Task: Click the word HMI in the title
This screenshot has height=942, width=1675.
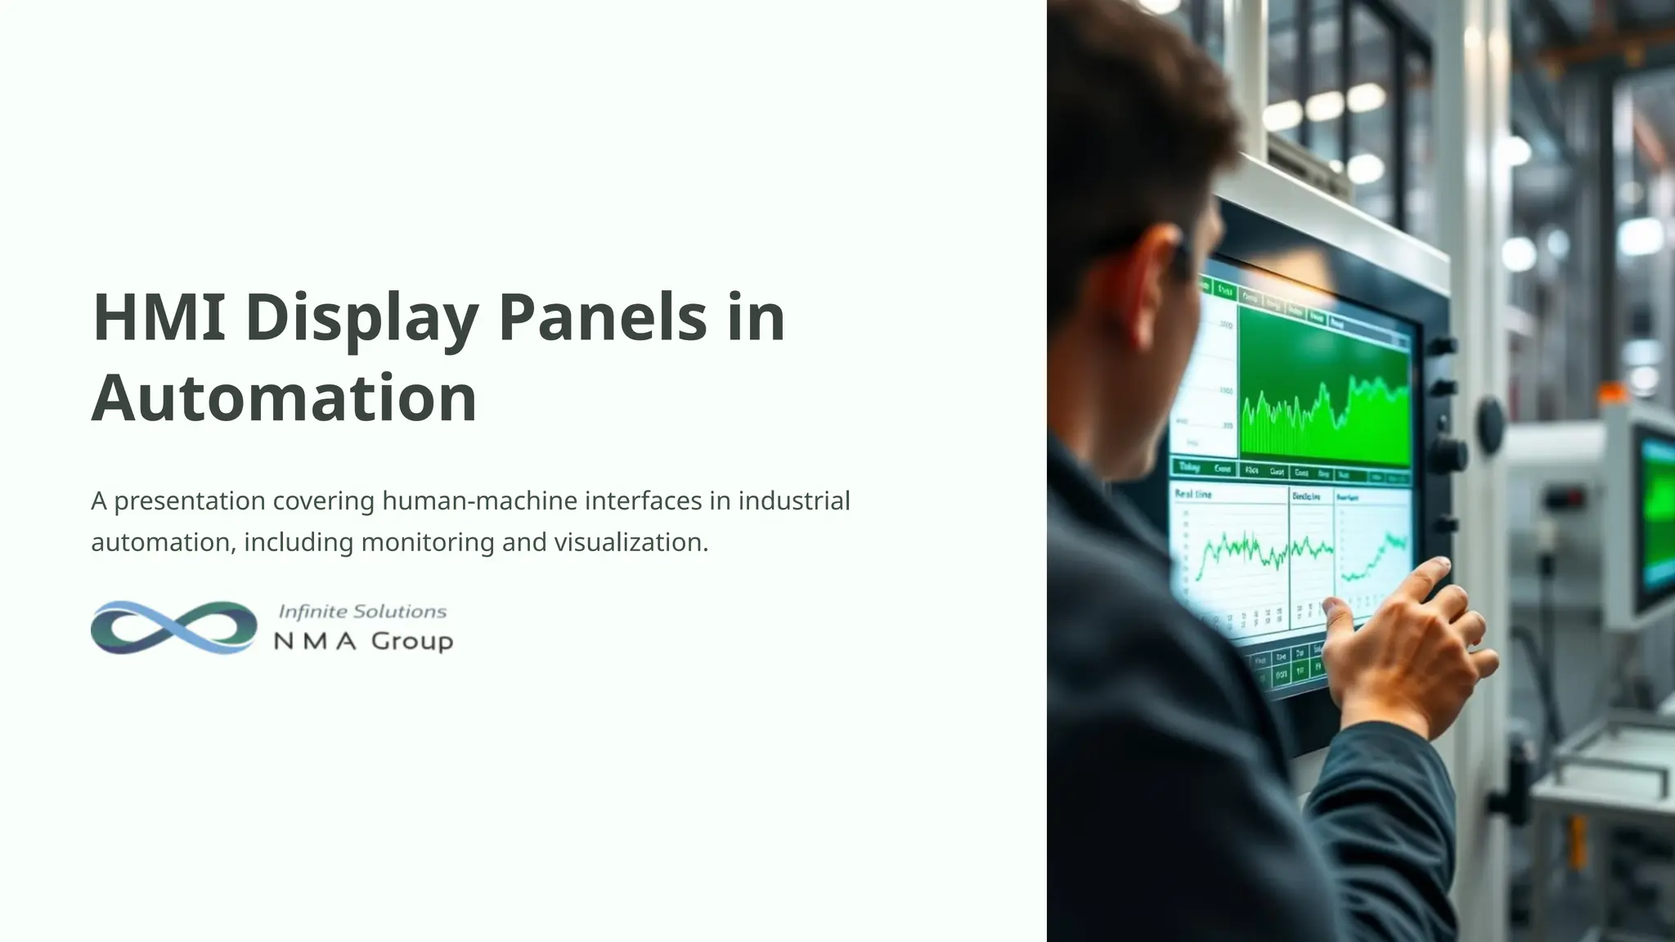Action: coord(159,316)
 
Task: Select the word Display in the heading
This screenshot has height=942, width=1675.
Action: coord(361,318)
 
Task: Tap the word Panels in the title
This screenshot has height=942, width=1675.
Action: coord(602,316)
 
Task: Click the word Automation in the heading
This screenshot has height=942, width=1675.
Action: coord(284,398)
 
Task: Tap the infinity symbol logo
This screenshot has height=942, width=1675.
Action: coord(173,627)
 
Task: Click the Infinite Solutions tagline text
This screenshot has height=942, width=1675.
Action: coord(362,612)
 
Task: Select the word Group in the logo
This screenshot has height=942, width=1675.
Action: coord(412,641)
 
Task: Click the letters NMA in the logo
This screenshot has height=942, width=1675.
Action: coord(315,642)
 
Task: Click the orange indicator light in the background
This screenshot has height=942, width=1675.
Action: coord(1613,395)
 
